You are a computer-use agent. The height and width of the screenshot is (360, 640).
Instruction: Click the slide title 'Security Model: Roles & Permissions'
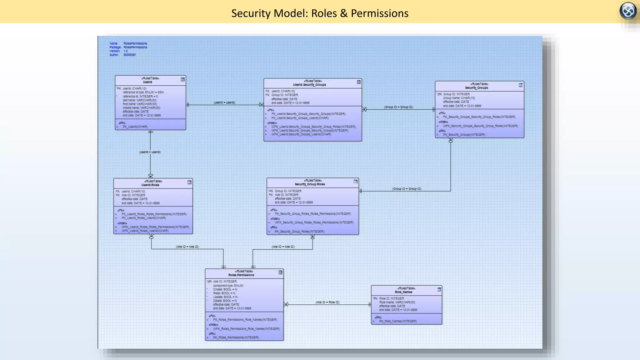(320, 13)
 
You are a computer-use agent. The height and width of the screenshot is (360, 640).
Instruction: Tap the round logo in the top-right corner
(628, 11)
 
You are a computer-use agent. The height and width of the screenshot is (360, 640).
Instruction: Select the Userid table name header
(147, 82)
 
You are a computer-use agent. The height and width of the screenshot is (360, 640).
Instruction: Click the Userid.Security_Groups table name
(309, 85)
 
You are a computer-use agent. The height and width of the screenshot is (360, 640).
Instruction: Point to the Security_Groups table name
(476, 88)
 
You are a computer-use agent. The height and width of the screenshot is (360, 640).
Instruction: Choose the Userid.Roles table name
(150, 185)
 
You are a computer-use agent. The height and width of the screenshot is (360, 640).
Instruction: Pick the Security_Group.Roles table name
(310, 184)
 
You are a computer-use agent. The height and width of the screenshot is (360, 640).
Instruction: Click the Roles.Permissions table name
(241, 275)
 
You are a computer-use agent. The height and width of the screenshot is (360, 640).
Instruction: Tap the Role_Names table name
(403, 292)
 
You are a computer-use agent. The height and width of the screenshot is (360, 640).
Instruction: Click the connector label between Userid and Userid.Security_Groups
(224, 102)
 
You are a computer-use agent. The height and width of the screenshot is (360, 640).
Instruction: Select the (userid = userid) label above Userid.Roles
(150, 152)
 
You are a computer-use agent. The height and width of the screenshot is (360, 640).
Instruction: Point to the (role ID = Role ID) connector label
(327, 302)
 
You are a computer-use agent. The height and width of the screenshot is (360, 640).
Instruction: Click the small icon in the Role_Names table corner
(439, 289)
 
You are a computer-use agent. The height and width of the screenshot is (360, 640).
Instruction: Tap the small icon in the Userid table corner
(183, 79)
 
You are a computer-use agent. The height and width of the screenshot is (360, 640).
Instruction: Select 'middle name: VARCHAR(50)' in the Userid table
(141, 108)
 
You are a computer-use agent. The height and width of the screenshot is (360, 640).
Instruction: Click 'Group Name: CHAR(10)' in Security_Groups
(459, 98)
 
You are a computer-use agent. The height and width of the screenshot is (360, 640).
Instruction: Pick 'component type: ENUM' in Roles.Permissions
(228, 286)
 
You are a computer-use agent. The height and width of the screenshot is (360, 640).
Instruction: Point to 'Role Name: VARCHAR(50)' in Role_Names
(397, 302)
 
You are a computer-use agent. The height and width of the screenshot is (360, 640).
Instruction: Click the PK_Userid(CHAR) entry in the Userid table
(135, 127)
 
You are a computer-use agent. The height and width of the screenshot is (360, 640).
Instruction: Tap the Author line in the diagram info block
(123, 55)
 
